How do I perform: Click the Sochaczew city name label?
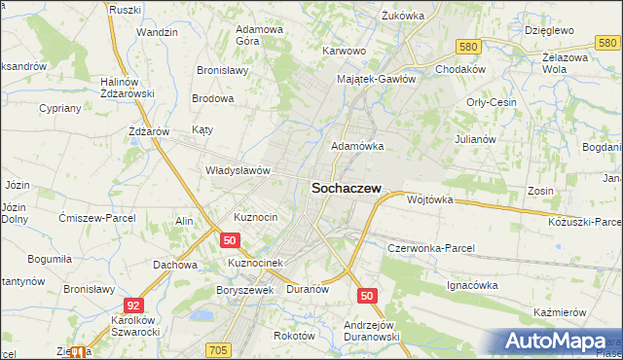[x=346, y=191]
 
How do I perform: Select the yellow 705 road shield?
[x=218, y=349]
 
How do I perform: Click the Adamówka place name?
[x=357, y=146]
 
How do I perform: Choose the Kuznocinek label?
[x=254, y=264]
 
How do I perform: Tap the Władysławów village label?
[x=237, y=170]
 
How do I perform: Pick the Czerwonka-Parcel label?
[x=430, y=248]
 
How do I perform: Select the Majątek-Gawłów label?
[x=376, y=79]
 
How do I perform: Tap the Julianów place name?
[x=476, y=139]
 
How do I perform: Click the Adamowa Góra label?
[x=260, y=35]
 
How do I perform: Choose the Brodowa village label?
[x=213, y=99]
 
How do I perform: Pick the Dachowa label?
[x=175, y=264]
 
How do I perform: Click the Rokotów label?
[x=295, y=335]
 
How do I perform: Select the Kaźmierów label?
[x=559, y=312]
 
